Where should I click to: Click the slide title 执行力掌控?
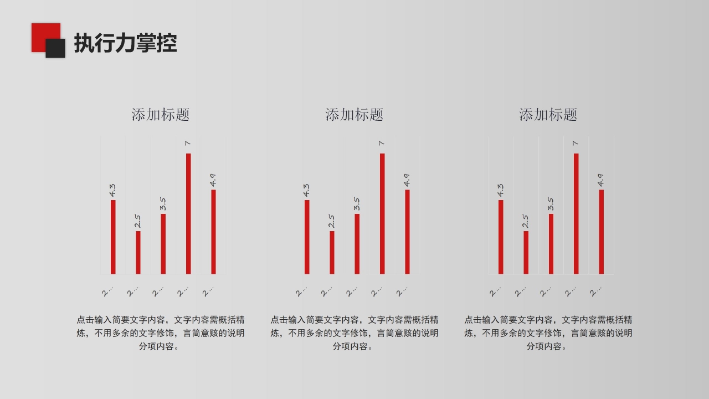tap(125, 43)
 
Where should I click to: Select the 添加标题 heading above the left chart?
tap(161, 115)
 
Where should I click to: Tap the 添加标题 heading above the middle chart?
tap(354, 115)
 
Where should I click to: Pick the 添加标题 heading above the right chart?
tap(548, 115)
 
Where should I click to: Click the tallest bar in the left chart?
tap(188, 213)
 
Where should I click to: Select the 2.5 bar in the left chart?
tap(138, 252)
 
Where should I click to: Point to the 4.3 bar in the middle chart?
tap(307, 237)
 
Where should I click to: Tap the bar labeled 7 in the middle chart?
tap(382, 213)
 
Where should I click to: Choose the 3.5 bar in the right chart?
tap(551, 244)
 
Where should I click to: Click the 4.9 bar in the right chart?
tap(601, 232)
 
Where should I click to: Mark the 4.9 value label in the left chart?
tap(213, 180)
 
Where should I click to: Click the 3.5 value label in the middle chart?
tap(357, 204)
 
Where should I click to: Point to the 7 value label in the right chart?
tap(576, 144)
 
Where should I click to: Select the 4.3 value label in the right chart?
tap(501, 190)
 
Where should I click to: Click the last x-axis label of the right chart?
tap(595, 291)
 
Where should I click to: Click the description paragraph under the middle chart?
tap(354, 333)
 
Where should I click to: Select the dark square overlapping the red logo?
tap(56, 49)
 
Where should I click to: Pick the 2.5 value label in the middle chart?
tap(332, 221)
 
